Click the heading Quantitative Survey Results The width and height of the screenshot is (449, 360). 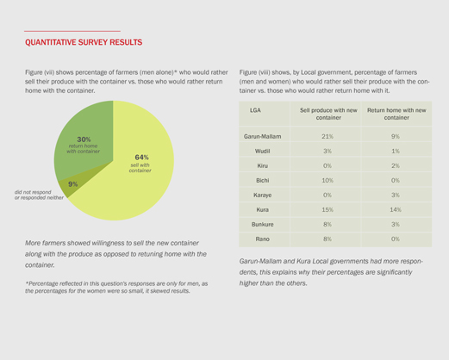84,42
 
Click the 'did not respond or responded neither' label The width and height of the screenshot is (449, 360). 39,195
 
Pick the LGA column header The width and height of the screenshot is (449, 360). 255,110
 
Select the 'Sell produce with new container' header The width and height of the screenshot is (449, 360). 328,114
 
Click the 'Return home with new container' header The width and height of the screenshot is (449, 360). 396,114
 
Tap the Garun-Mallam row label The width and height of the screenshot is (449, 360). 262,136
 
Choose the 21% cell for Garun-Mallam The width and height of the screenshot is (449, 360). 327,136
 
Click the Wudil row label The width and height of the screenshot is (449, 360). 262,151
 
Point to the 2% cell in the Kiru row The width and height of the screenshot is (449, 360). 396,165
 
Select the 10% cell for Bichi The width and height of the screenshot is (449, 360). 327,180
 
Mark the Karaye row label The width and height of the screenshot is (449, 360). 262,196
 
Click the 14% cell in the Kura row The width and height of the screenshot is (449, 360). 396,209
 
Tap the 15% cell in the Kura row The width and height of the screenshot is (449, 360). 327,209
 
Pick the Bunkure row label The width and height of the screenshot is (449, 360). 262,224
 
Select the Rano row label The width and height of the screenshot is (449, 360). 262,239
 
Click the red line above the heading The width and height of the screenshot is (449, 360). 72,31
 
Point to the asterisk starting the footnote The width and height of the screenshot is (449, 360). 27,283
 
